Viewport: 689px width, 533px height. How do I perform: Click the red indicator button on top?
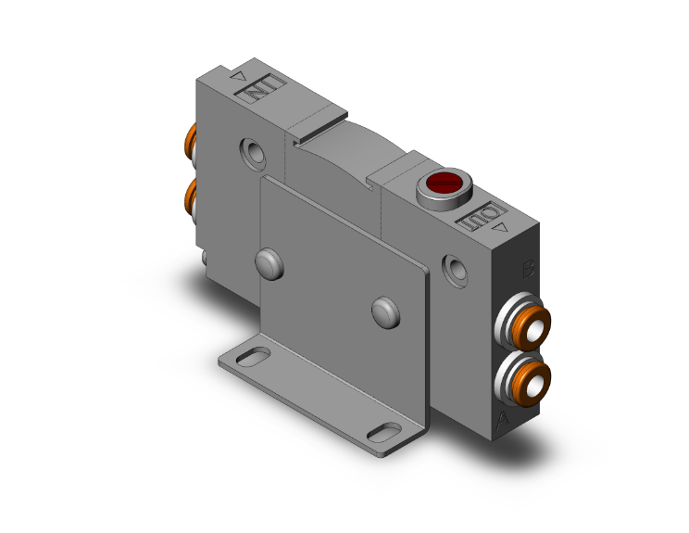[x=444, y=182]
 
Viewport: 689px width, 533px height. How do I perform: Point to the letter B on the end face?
[x=529, y=271]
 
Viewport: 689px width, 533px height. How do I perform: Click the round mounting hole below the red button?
[x=455, y=271]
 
